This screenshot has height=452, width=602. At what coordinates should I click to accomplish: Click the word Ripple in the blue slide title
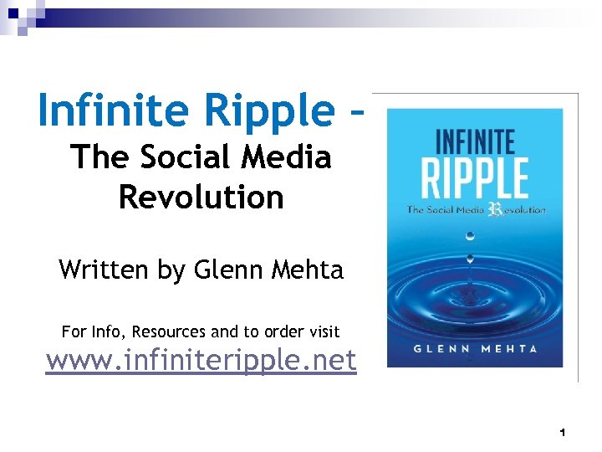point(255,112)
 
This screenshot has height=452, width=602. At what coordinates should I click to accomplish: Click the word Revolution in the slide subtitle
point(202,198)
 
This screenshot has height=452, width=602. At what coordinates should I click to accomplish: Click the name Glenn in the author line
point(227,270)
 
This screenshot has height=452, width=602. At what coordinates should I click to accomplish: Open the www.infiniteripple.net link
point(201,361)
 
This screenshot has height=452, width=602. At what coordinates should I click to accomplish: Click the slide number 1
point(563,433)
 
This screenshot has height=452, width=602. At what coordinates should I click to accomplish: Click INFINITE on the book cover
point(474,140)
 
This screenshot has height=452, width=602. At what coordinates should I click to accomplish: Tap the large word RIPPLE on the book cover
point(474,177)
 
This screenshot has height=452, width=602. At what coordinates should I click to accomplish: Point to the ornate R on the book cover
point(493,209)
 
